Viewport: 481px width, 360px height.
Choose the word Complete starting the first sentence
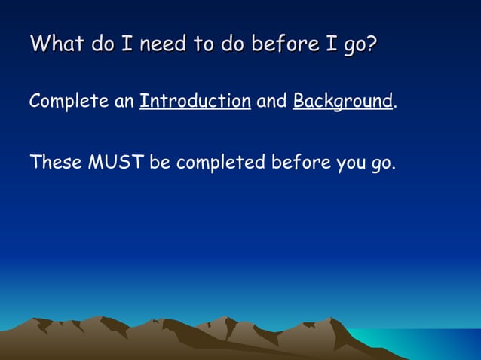tap(69, 101)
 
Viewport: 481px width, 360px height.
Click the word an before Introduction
tap(124, 101)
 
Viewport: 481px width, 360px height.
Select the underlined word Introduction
tap(195, 101)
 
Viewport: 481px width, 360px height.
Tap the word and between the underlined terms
tap(271, 101)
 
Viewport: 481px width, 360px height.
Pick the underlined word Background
tap(342, 101)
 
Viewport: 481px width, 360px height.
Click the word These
tap(55, 162)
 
